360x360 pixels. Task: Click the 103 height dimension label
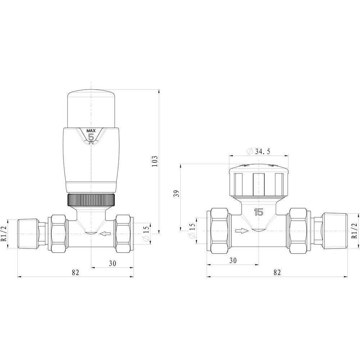point(154,161)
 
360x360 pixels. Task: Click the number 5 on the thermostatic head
point(91,137)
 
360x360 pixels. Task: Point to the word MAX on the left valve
point(91,130)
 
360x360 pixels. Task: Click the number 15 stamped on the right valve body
point(258,212)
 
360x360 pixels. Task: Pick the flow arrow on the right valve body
point(242,231)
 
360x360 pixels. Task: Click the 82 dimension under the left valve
point(75,272)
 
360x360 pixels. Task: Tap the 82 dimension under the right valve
point(277,272)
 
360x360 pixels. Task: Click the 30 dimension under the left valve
point(112,263)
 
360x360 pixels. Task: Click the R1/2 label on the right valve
point(354,231)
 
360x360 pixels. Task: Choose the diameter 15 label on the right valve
point(192,231)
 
